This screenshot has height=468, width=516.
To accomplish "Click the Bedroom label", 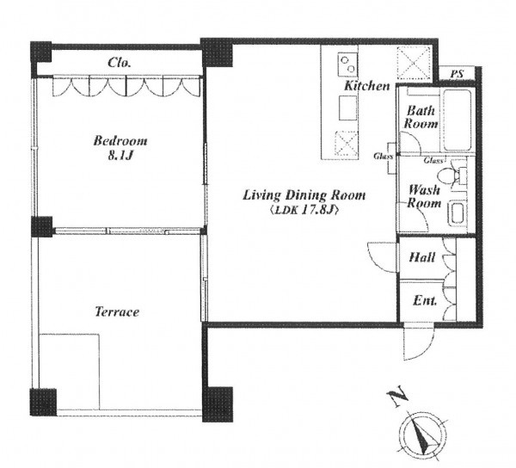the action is [120, 141].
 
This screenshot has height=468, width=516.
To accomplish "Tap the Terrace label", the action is [117, 311].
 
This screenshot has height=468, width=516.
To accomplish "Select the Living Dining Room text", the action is [304, 195].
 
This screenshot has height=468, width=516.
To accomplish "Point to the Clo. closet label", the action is [120, 63].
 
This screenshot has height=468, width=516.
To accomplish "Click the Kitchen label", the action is [367, 86].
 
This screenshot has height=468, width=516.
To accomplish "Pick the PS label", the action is [457, 74].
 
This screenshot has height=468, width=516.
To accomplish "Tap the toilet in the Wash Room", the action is [451, 174].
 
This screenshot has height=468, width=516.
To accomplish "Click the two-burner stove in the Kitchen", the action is [347, 65].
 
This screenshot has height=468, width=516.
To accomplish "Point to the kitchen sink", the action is [347, 108].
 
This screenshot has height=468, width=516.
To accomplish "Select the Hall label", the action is [422, 257].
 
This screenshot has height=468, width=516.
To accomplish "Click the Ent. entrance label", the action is [425, 300].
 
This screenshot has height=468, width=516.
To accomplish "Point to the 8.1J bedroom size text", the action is [120, 156].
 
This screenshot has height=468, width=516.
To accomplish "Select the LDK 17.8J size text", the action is [304, 210].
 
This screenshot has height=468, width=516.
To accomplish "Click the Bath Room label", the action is [421, 117].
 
